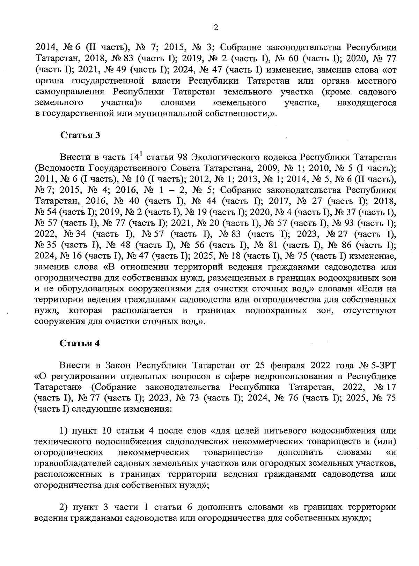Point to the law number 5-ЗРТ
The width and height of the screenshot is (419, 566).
pyautogui.click(x=381, y=365)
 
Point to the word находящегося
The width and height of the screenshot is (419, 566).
pyautogui.click(x=367, y=103)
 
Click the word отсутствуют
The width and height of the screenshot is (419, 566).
pyautogui.click(x=370, y=310)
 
